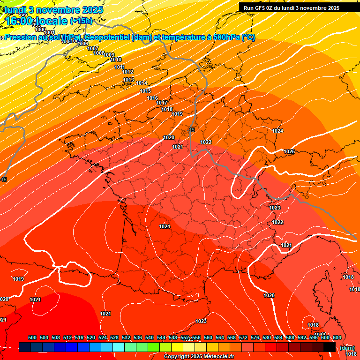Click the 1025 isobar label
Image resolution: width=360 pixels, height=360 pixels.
click(x=289, y=151)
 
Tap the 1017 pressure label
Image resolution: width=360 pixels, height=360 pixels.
click(x=162, y=103)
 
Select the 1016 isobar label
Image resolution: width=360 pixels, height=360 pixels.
click(x=152, y=98)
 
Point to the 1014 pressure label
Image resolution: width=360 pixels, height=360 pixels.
click(x=142, y=83)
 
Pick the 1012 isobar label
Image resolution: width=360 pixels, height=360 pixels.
click(x=127, y=72)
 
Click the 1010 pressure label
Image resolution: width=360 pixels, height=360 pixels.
click(x=116, y=60)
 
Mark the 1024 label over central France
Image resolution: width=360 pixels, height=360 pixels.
click(x=165, y=226)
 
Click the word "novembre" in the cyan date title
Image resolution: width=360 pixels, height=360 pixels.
click(x=56, y=9)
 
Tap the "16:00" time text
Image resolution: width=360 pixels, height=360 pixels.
click(x=19, y=21)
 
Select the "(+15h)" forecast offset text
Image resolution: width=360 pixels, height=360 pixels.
click(x=81, y=21)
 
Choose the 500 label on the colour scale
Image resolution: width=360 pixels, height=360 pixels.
click(x=32, y=337)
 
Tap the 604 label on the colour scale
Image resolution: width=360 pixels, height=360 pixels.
click(x=337, y=337)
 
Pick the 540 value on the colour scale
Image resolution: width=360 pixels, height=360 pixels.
click(x=150, y=337)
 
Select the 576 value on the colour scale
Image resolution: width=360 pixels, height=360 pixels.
click(x=255, y=337)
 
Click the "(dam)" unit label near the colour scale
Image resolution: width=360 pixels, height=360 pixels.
click(x=347, y=347)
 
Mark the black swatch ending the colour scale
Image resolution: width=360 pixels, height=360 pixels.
click(x=329, y=347)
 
